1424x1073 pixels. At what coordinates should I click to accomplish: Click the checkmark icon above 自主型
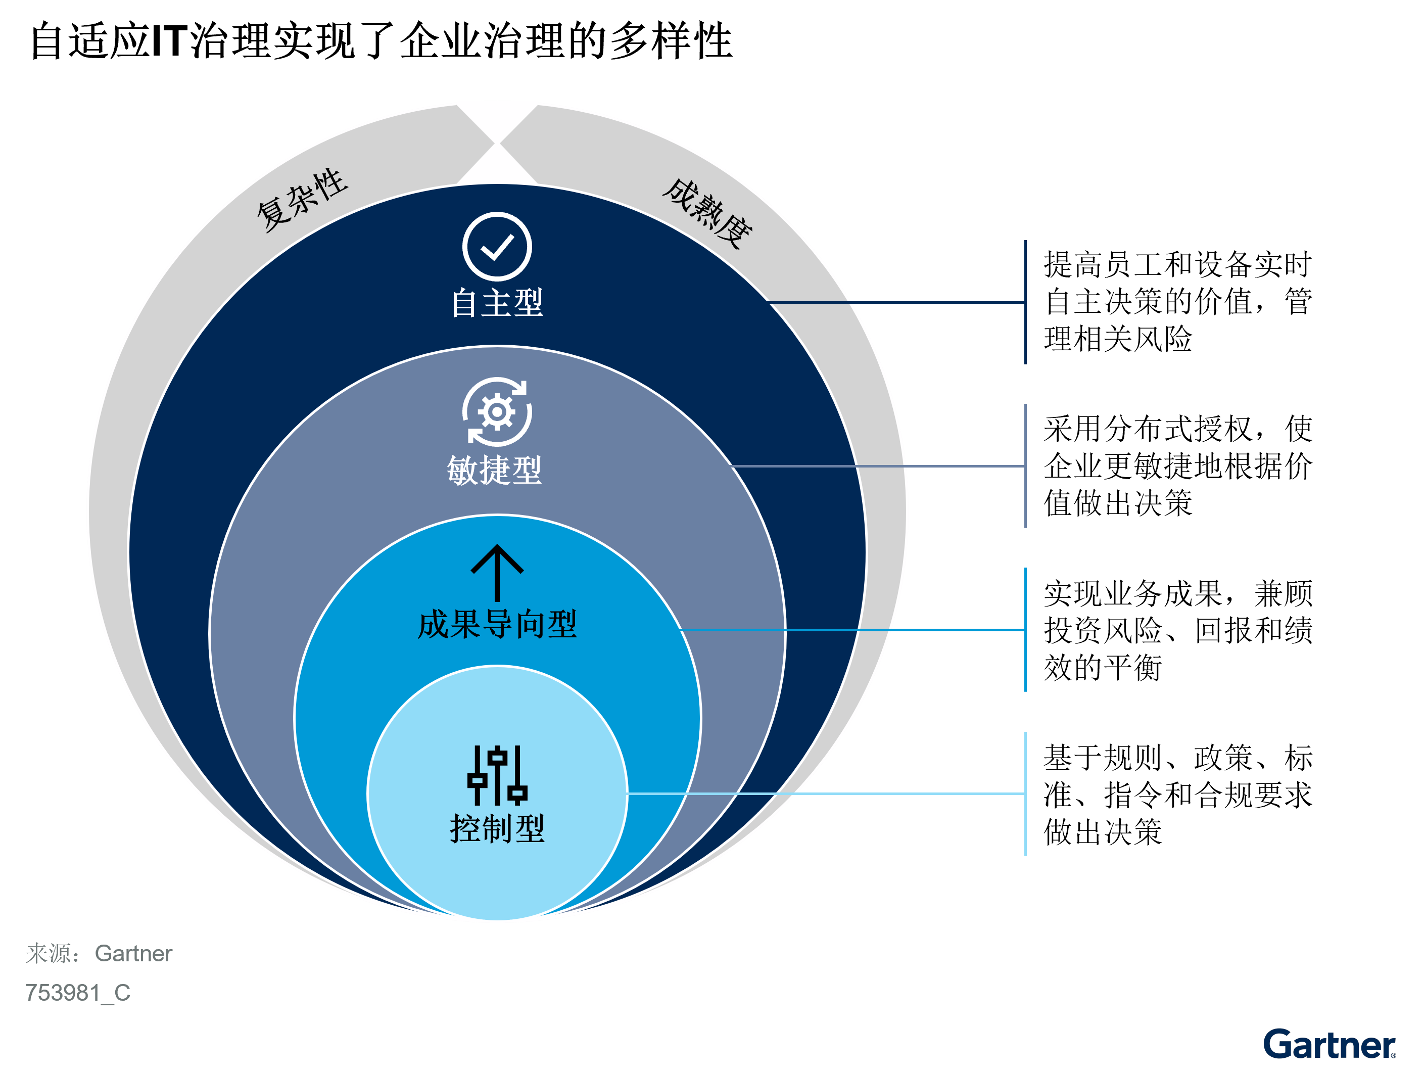[x=496, y=246]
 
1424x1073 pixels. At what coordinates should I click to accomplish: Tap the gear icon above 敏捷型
[x=496, y=411]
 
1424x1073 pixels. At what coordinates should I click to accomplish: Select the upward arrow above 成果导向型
[x=496, y=573]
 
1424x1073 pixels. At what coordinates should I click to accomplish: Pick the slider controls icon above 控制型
[x=496, y=775]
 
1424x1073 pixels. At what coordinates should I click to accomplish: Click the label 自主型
[x=496, y=303]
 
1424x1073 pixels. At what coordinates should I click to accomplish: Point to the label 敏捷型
[x=494, y=470]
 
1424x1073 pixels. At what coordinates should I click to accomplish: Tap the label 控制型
[x=497, y=828]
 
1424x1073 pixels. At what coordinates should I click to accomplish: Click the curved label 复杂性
[x=302, y=200]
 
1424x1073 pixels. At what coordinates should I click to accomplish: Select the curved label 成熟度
[x=707, y=214]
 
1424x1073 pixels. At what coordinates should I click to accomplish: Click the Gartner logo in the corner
[x=1330, y=1044]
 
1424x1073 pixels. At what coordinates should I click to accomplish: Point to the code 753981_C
[x=78, y=993]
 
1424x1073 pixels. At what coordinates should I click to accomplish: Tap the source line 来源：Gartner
[x=99, y=953]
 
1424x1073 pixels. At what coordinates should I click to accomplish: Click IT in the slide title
[x=170, y=40]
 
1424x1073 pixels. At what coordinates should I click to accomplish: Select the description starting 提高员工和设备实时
[x=1177, y=301]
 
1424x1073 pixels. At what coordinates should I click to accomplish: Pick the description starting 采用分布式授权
[x=1177, y=465]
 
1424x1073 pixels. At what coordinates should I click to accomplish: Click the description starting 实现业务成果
[x=1177, y=630]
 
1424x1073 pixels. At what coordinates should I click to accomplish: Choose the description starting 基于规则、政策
[x=1177, y=794]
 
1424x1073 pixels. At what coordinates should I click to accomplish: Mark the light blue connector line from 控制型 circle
[x=826, y=794]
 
